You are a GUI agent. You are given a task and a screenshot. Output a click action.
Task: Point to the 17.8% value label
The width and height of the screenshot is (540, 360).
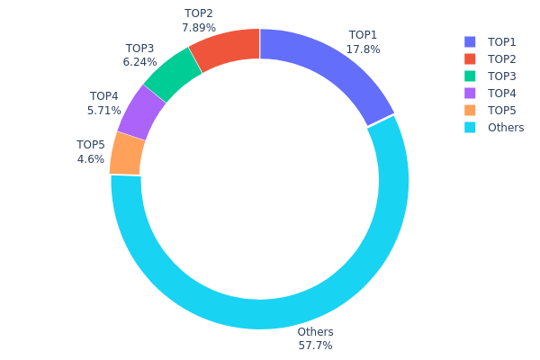(x=364, y=49)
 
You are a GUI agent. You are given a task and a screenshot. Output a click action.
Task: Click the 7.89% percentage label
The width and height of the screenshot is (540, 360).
(x=199, y=28)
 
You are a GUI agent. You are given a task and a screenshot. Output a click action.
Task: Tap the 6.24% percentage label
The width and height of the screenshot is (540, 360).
(x=139, y=62)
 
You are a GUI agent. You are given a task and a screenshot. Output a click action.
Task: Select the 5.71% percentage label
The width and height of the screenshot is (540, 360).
(x=104, y=111)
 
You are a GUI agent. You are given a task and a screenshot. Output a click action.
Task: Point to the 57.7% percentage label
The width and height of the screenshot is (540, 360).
(x=315, y=346)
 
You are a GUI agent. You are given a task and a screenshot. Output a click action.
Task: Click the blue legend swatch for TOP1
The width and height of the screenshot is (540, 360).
(x=470, y=41)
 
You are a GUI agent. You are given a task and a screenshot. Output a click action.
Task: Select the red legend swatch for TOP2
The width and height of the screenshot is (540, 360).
(x=470, y=58)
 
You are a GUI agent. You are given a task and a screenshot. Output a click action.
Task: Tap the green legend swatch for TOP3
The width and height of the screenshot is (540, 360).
(x=470, y=76)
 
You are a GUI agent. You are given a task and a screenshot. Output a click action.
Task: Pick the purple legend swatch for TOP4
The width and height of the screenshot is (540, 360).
(x=470, y=93)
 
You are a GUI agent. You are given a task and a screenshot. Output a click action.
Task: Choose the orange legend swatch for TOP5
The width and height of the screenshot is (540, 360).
(x=470, y=110)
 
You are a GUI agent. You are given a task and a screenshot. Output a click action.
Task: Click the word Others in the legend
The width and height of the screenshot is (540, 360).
(x=506, y=127)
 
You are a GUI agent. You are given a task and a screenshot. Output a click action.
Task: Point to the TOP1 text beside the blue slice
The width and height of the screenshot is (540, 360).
(x=364, y=35)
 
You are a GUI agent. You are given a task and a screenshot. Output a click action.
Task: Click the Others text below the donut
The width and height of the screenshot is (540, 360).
(x=315, y=331)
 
